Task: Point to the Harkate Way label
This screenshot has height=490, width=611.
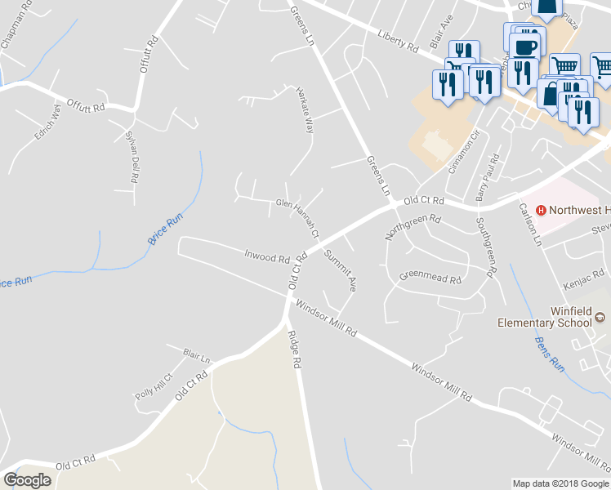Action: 304,112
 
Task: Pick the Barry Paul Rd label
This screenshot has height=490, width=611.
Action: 487,177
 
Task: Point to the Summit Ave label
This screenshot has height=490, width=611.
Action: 341,270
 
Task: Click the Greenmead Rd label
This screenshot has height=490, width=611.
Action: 430,278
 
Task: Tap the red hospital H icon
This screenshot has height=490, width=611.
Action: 540,210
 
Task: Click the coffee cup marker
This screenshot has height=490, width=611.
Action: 524,45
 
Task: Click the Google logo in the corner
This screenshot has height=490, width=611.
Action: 28,479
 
